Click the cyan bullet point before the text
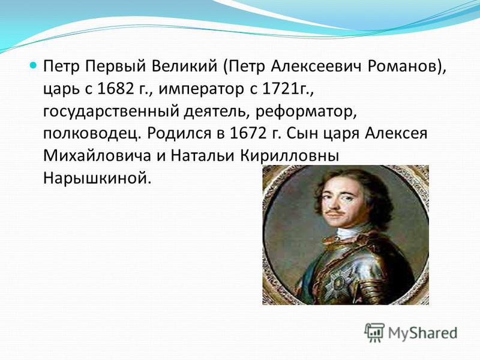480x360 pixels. point(34,65)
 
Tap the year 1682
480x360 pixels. point(115,89)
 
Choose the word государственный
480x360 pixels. point(111,112)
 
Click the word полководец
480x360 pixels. point(92,134)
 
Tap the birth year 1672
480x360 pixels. point(247,133)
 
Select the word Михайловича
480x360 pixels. point(97,156)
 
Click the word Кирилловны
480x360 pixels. point(289,156)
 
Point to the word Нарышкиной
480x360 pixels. point(97,178)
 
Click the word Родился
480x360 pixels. point(179,134)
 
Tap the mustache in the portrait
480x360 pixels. point(335,212)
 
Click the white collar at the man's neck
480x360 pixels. point(350,233)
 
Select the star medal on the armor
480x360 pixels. point(337,286)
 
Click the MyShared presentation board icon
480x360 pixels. point(374,332)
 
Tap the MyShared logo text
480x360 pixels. point(423,333)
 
